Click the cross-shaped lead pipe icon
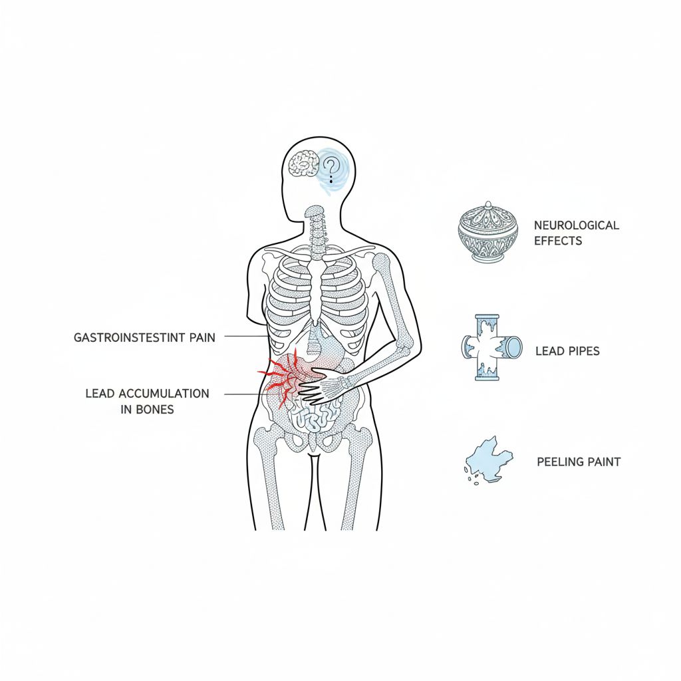492,347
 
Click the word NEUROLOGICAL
576,225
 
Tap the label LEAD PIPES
567,350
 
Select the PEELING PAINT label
579,462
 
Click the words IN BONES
147,410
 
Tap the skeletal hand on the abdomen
322,386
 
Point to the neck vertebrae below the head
317,229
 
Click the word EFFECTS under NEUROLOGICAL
558,241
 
